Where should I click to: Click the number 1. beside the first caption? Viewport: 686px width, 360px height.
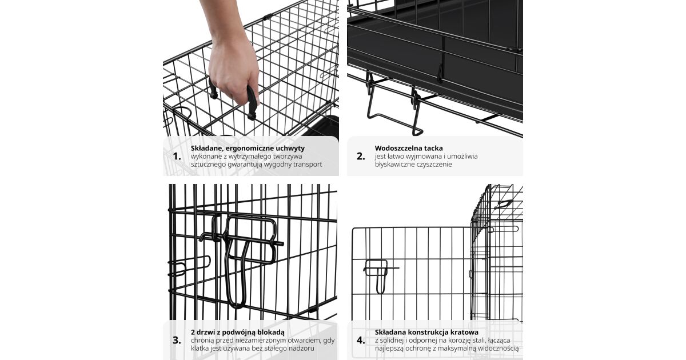point(177,157)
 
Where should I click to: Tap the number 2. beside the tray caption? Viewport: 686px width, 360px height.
point(361,157)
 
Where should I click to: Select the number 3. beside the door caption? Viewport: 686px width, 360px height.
point(177,340)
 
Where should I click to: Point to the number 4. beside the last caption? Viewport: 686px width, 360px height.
point(361,340)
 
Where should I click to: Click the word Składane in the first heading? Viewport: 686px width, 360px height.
point(205,148)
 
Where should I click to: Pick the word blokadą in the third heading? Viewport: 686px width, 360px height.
point(272,333)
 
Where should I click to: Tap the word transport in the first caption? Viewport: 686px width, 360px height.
point(308,165)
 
